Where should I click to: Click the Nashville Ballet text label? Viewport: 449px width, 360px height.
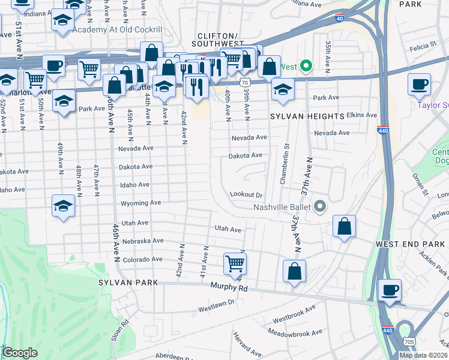tap(280, 207)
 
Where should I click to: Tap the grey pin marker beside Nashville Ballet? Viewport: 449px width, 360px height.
tap(320, 207)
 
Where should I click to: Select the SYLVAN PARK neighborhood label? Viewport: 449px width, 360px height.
tap(129, 282)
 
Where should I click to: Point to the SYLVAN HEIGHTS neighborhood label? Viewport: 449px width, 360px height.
tap(307, 115)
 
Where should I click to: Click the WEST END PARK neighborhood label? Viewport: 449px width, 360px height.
tap(410, 244)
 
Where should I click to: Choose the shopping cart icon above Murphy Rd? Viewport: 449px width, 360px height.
tap(235, 263)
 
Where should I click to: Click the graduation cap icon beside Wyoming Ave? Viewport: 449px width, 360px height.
tap(63, 206)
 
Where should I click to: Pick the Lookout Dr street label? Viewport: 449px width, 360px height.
tap(247, 195)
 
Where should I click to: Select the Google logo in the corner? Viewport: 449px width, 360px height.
tap(20, 353)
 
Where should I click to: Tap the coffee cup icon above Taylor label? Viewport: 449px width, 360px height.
tap(419, 84)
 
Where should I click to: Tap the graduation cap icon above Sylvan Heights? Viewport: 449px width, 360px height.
tap(283, 89)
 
